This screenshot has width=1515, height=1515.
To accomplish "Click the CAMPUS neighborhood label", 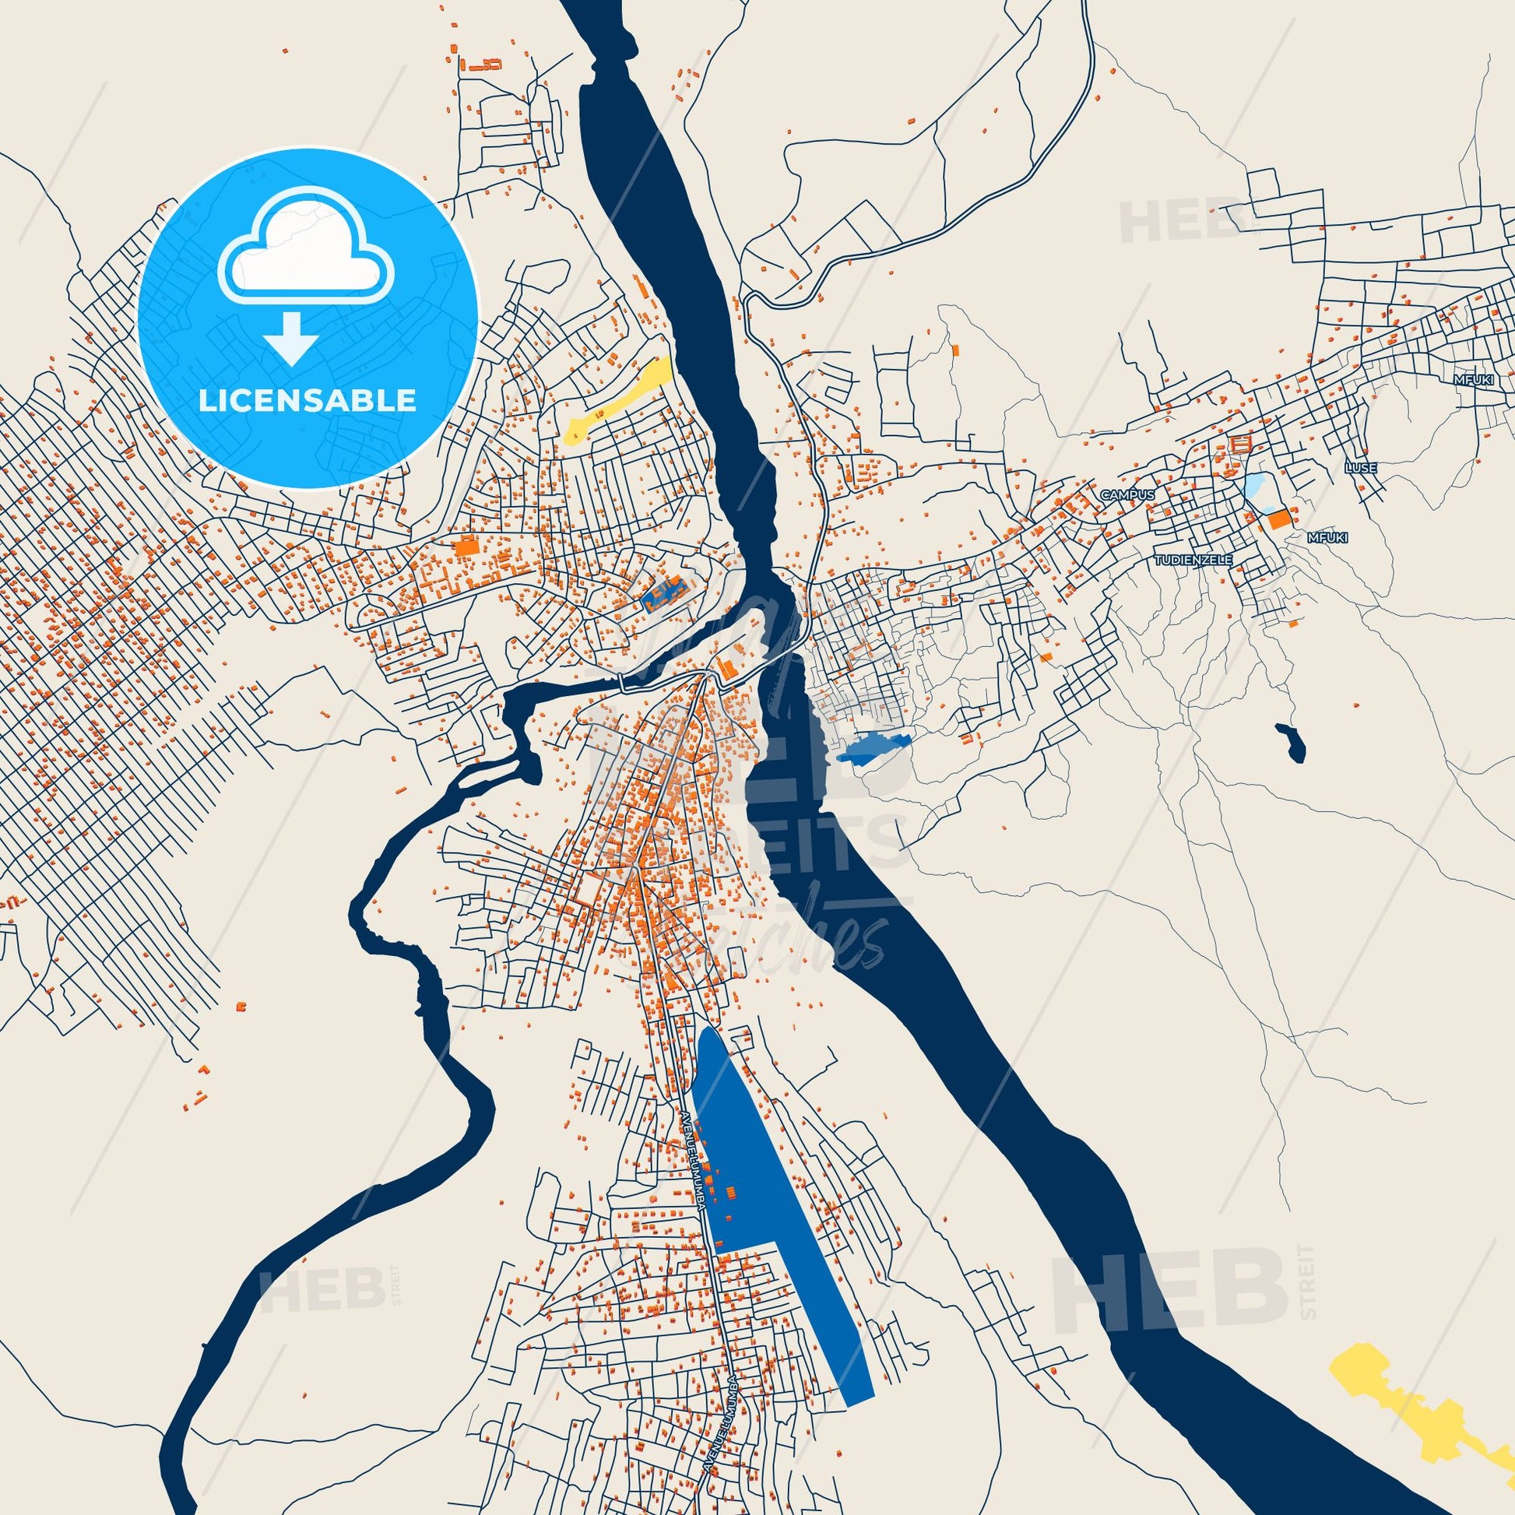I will tap(1127, 495).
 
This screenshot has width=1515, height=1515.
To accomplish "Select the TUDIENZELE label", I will tap(1193, 560).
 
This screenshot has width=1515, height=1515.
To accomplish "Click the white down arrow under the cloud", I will tap(291, 337).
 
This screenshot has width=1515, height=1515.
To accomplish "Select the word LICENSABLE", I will tap(308, 400).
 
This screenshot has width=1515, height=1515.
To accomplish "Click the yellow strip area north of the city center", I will tap(620, 400).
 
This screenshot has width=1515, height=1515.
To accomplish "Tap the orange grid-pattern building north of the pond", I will tap(1240, 445).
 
